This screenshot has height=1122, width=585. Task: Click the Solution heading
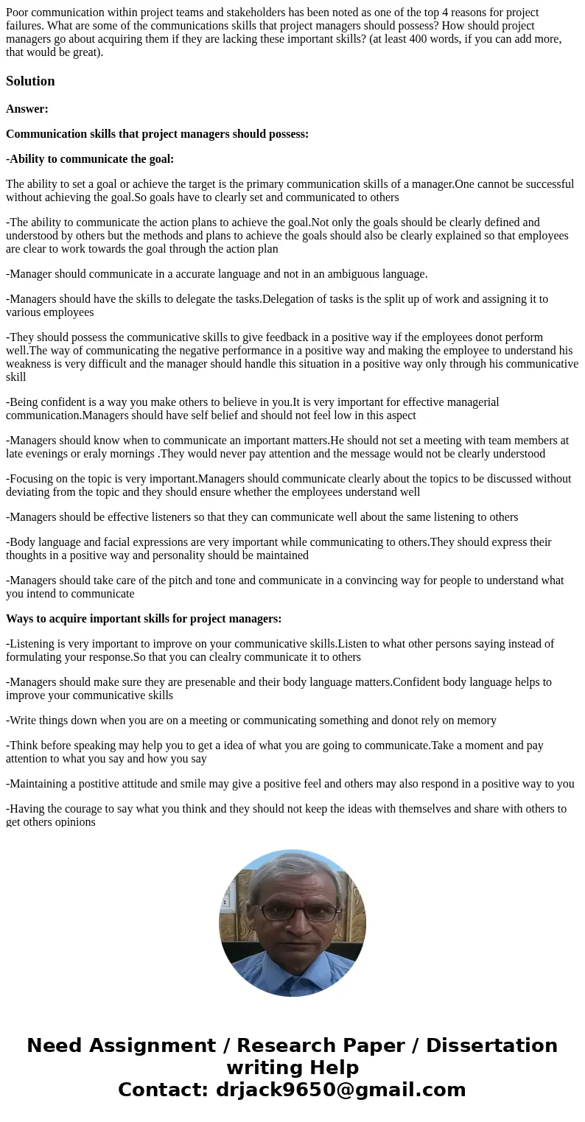click(x=30, y=81)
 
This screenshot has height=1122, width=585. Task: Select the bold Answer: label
click(x=27, y=109)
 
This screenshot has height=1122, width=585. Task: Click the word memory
click(x=476, y=720)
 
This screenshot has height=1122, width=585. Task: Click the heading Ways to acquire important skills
click(x=144, y=619)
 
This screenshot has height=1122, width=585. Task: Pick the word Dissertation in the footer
click(x=491, y=1045)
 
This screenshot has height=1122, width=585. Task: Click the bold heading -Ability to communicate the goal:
click(x=90, y=159)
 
